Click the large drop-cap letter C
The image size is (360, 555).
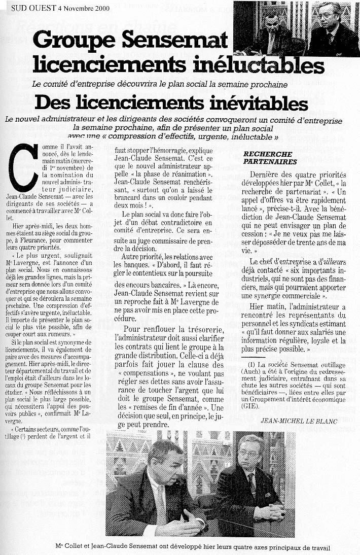point(24,167)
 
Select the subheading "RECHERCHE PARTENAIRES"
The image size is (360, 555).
point(270,157)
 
